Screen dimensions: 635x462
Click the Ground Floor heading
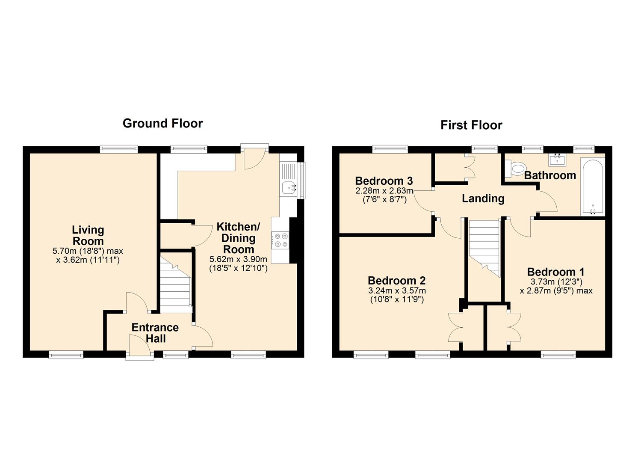pos(163,124)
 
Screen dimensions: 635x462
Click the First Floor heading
pos(471,125)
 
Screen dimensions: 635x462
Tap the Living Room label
pos(88,235)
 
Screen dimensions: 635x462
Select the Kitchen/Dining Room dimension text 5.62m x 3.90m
pos(238,259)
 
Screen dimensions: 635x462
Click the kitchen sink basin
pos(289,187)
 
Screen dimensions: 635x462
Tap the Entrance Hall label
pos(155,333)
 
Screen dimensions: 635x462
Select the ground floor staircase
pos(176,284)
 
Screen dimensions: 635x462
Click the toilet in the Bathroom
pos(515,169)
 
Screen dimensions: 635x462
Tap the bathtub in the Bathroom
pos(593,187)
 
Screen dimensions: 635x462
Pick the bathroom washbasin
pos(557,159)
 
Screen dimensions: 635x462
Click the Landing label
pos(483,198)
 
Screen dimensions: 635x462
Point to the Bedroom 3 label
pos(384,181)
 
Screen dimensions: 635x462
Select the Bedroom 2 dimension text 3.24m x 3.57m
pos(397,290)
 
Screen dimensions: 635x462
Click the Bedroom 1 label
pos(555,272)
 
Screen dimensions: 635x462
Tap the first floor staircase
pos(484,249)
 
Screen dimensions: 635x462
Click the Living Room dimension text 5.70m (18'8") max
pos(88,251)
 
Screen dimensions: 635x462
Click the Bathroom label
pos(550,175)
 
